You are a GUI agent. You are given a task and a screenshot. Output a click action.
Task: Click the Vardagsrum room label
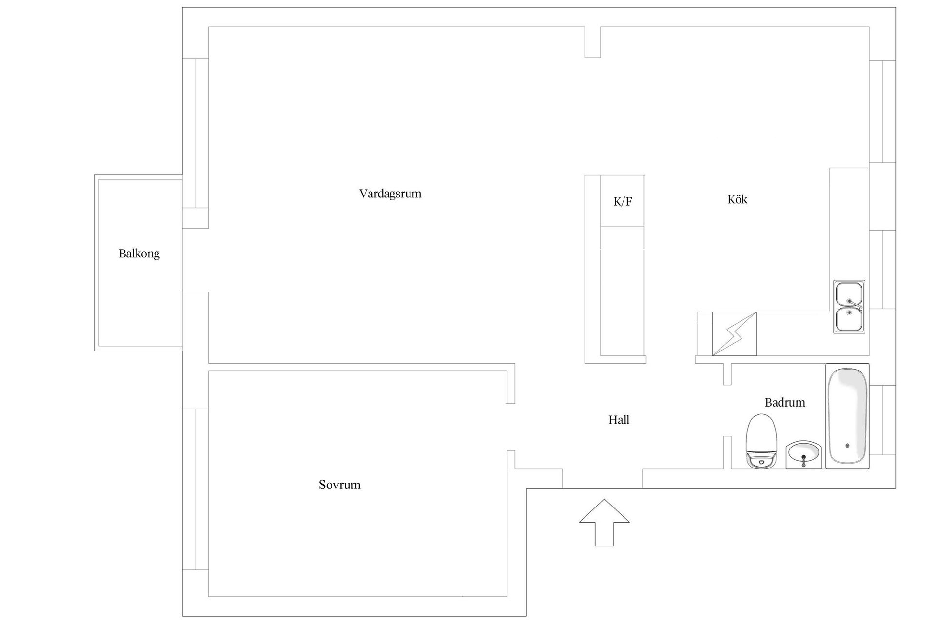click(390, 194)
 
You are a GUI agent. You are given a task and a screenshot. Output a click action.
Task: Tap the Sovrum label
click(340, 485)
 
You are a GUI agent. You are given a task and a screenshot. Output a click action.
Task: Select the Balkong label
click(139, 253)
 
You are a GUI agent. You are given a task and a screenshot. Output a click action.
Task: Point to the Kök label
click(737, 199)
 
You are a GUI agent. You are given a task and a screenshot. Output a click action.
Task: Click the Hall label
click(619, 420)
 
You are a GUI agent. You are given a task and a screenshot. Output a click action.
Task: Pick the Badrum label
click(785, 402)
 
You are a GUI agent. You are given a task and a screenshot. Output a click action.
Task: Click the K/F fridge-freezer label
click(623, 201)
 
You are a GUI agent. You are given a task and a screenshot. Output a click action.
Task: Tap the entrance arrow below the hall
click(604, 522)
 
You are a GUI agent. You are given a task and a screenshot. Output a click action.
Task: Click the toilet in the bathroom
click(761, 442)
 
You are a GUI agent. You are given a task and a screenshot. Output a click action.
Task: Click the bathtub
click(847, 416)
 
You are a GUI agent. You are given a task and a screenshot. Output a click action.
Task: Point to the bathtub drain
click(847, 446)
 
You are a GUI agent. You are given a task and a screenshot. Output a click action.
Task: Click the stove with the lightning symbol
click(734, 334)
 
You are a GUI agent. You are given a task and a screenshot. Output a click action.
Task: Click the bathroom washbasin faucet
click(803, 460)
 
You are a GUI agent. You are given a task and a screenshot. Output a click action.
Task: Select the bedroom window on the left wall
click(195, 489)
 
